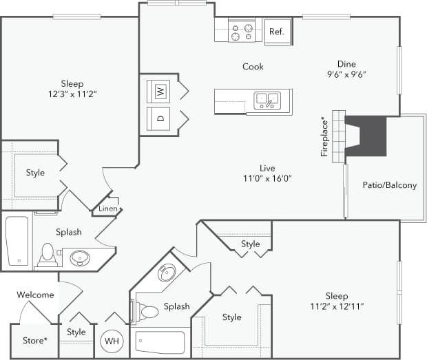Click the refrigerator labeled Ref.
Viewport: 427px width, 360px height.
(277, 32)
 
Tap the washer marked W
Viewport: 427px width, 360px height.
(160, 91)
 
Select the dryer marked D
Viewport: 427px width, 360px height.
(160, 118)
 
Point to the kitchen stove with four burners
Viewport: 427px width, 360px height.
(242, 32)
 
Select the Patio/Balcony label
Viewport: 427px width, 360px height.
(389, 185)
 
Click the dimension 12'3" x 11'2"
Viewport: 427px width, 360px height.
(72, 94)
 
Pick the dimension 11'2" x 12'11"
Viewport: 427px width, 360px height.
(336, 306)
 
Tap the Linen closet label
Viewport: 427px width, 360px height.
(107, 209)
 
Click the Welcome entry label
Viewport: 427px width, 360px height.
(35, 295)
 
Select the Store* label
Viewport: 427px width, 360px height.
(34, 341)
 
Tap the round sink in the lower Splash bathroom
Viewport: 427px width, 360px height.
(167, 274)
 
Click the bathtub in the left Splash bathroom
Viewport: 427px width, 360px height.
(17, 240)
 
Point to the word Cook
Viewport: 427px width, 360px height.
(253, 67)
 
